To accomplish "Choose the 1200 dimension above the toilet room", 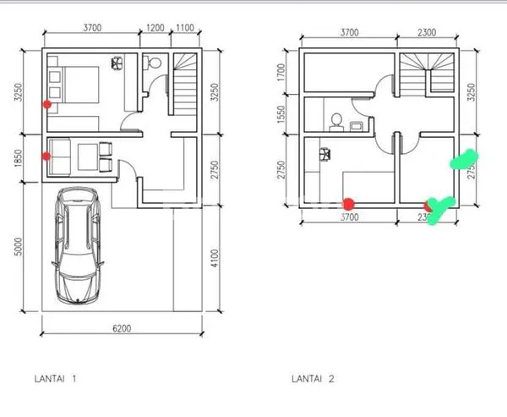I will [x=155, y=29].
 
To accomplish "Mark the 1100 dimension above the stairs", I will [x=184, y=29].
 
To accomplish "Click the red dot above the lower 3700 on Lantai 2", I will [x=348, y=203].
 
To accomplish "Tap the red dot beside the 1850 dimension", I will [x=46, y=156].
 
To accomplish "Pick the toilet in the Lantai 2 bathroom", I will [x=335, y=121].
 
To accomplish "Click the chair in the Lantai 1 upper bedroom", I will [x=116, y=62].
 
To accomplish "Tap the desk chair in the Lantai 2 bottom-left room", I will [x=324, y=154].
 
